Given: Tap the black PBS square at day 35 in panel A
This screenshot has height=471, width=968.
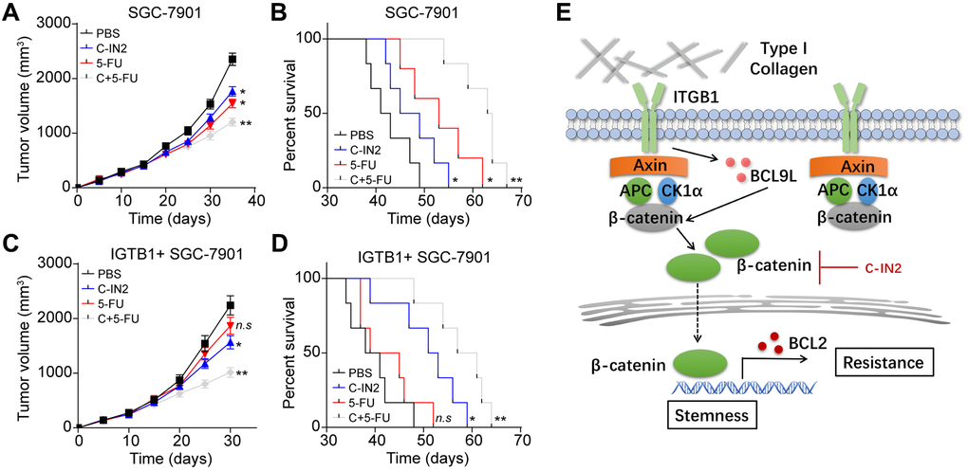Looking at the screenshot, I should (x=233, y=60).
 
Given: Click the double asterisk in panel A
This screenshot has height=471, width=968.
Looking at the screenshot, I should (x=245, y=124).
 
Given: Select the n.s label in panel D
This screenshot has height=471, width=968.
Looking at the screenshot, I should (x=442, y=417).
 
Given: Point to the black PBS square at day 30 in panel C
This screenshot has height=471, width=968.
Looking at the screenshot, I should (x=231, y=305).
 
